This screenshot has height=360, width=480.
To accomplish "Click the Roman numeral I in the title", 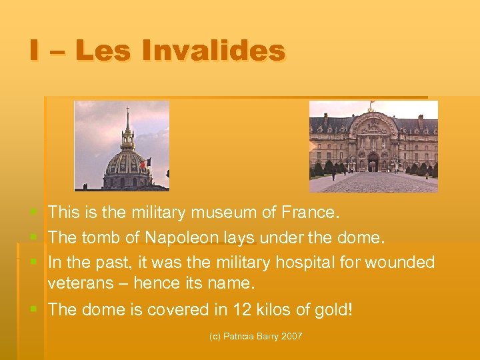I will coord(34,51).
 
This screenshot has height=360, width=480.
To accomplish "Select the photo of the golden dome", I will coord(121,145).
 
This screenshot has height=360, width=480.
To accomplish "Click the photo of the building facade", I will coord(373,146).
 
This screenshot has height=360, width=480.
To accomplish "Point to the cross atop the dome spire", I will coord(127,107).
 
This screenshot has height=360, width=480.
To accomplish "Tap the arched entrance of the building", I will coord(373,162).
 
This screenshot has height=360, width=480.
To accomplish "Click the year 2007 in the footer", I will coord(291,337).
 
